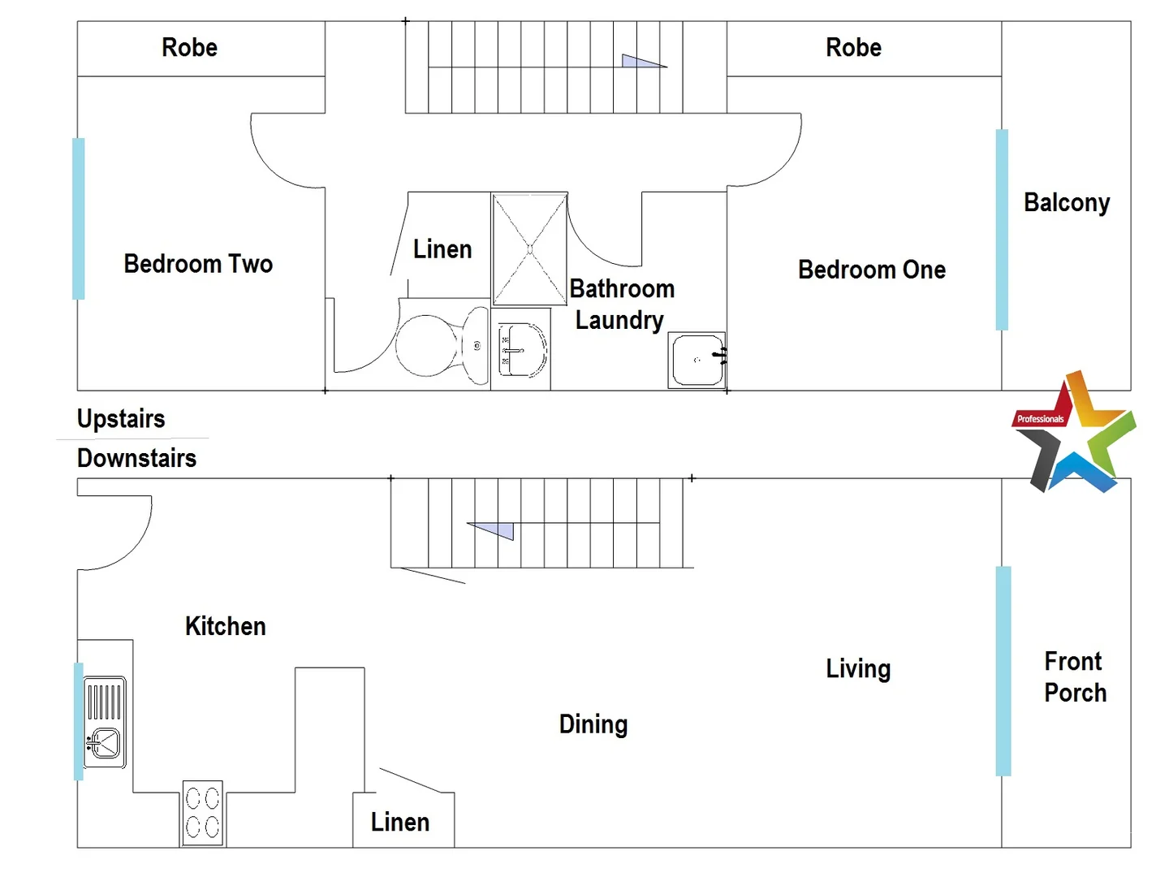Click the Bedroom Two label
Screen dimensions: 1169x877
(x=198, y=264)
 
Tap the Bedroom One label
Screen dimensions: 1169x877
(x=871, y=270)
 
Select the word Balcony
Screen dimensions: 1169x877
(x=1066, y=202)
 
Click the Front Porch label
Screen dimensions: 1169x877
(x=1075, y=676)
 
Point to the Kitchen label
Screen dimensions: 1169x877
(x=225, y=626)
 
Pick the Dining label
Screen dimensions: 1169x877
(x=593, y=724)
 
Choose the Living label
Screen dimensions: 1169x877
(x=858, y=668)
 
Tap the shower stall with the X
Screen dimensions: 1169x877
(x=529, y=249)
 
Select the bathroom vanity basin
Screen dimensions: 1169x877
(x=521, y=350)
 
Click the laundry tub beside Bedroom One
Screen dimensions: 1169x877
(x=697, y=360)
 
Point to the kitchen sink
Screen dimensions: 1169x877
(x=105, y=722)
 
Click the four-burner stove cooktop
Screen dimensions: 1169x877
(x=202, y=813)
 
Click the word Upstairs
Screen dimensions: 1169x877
(x=121, y=419)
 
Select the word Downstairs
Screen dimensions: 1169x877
(x=136, y=458)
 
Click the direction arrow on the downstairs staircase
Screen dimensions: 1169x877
(x=493, y=529)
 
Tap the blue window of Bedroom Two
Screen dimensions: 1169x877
(x=79, y=218)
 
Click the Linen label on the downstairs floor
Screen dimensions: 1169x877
(x=399, y=822)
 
